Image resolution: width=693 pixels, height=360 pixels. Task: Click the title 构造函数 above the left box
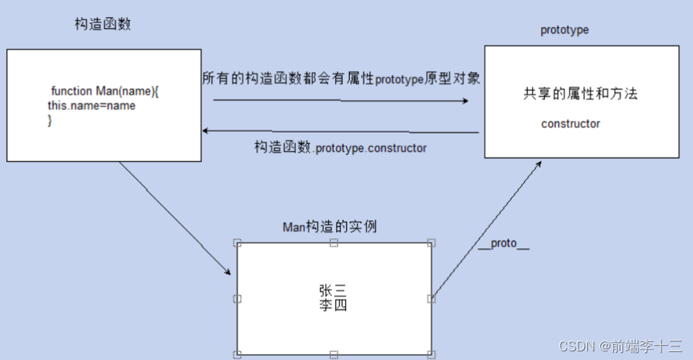(x=103, y=24)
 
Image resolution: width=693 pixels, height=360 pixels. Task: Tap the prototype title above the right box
(x=564, y=30)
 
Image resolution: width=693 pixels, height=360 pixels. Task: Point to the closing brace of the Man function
(x=50, y=120)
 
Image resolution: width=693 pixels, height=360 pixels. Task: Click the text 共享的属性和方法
(x=581, y=94)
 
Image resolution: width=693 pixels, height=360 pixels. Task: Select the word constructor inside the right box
(x=570, y=124)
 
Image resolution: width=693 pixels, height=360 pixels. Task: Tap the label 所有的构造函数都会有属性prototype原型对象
(x=341, y=78)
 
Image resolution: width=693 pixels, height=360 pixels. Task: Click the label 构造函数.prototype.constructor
(x=340, y=148)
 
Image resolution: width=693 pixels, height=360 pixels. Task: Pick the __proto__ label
(x=504, y=243)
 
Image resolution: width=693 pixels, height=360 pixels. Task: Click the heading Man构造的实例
(x=330, y=227)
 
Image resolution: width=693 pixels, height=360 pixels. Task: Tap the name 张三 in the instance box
(x=333, y=290)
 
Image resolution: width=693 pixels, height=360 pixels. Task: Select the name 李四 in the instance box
(x=333, y=305)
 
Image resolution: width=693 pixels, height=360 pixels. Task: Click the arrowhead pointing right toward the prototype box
(x=464, y=102)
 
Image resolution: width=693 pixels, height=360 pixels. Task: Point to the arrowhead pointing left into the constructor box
(x=206, y=131)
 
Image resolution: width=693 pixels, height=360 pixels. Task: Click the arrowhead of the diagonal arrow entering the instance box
(x=227, y=272)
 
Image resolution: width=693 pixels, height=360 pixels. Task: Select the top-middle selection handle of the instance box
(x=334, y=243)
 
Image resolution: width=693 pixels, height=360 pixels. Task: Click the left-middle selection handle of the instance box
(x=237, y=299)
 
